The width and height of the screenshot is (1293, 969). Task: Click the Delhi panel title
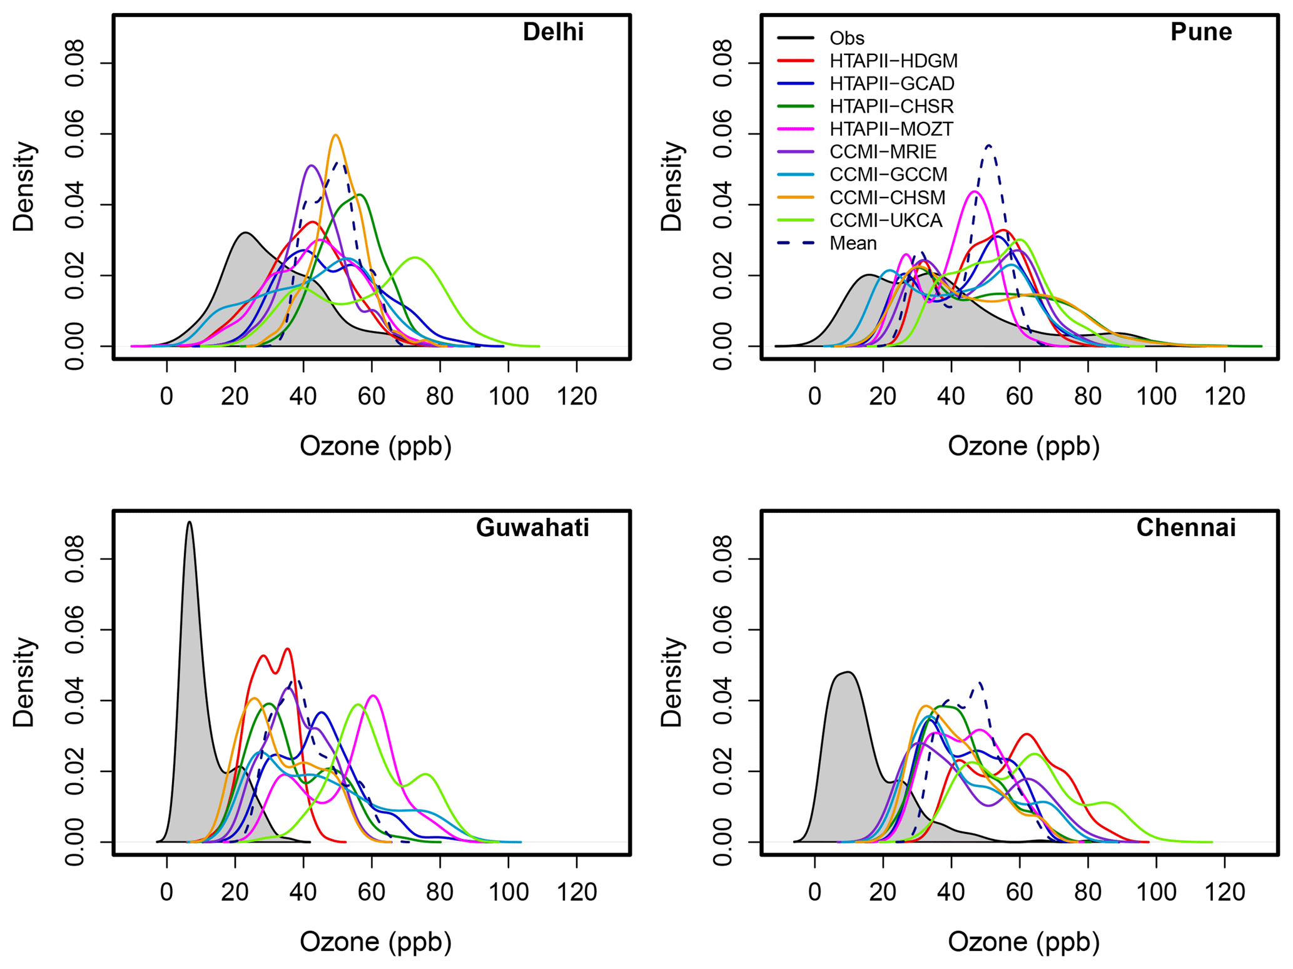[552, 32]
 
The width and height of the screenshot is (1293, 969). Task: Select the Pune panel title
[1200, 32]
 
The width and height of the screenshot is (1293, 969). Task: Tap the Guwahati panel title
[532, 527]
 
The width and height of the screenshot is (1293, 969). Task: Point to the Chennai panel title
[1185, 527]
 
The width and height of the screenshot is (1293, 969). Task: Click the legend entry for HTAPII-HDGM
[893, 61]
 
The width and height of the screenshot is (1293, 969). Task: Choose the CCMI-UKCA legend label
[885, 220]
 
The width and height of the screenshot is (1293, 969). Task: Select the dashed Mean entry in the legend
[853, 243]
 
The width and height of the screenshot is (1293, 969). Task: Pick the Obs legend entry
[846, 38]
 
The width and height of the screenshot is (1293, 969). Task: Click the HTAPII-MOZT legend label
[891, 129]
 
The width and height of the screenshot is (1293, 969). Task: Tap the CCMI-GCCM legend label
[888, 174]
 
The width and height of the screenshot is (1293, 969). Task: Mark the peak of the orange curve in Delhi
[336, 135]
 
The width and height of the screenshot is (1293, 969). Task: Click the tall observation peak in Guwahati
[190, 522]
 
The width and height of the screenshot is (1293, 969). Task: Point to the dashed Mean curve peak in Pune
[988, 145]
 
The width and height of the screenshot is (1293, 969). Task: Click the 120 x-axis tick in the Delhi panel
[576, 397]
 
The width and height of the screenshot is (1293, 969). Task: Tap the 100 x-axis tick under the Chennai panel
[1156, 892]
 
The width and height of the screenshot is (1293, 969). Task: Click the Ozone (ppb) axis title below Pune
[1023, 446]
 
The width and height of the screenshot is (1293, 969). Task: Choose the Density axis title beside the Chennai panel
[672, 682]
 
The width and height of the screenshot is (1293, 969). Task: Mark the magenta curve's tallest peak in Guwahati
[373, 696]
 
